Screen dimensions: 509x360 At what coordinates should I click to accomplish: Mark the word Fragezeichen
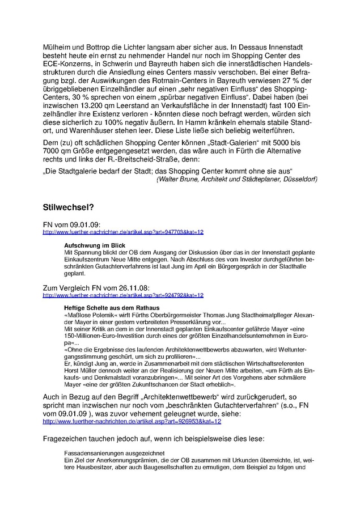[x=67, y=439]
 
